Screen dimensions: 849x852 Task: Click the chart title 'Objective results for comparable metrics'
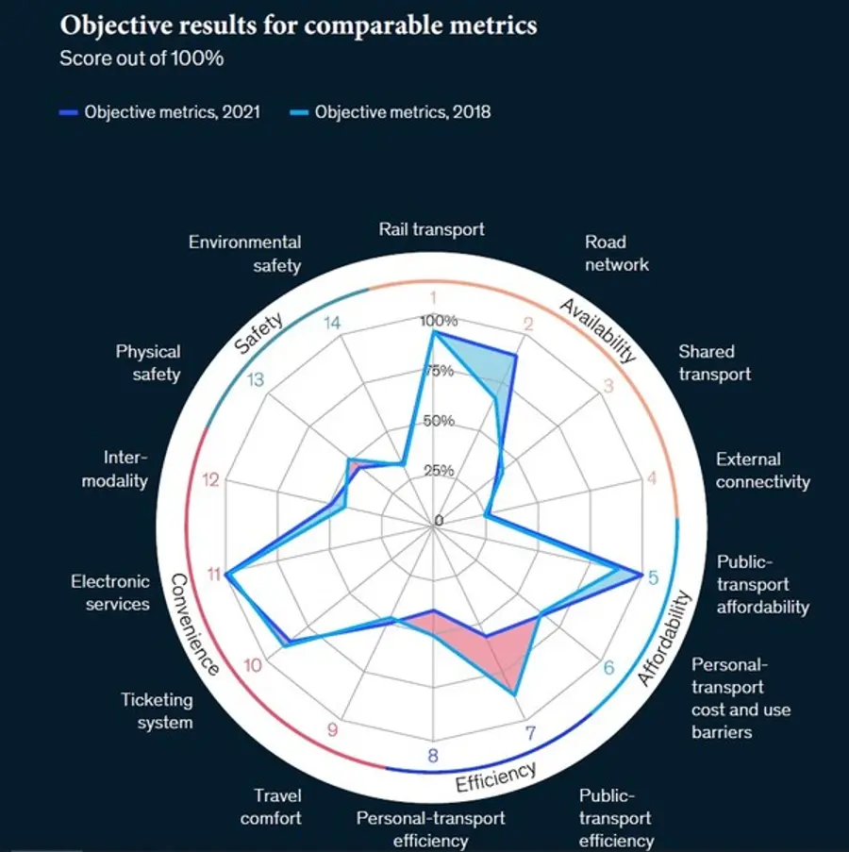[x=298, y=25]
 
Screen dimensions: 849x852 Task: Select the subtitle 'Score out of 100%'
[x=141, y=58]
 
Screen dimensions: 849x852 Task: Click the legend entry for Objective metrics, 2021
[x=159, y=112]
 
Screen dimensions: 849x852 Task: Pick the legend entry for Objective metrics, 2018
[x=391, y=112]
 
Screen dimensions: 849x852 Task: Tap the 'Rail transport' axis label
[x=431, y=229]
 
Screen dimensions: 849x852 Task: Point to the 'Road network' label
[x=617, y=253]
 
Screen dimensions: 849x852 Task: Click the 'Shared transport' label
[x=714, y=362]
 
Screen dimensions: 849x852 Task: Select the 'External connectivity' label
[x=762, y=471]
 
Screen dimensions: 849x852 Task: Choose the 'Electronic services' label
[x=110, y=593]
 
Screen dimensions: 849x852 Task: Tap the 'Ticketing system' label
[x=157, y=710]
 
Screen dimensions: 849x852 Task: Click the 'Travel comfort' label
[x=271, y=807]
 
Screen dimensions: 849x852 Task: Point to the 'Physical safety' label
[x=148, y=362]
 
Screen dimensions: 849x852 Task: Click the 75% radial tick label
[x=439, y=371]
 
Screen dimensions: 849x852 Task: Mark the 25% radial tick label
[x=439, y=471]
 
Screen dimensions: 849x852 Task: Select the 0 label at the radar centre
[x=439, y=521]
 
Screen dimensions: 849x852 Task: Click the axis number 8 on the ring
[x=432, y=756]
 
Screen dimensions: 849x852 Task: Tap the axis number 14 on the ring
[x=332, y=323]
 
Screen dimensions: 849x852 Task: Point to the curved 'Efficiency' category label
[x=495, y=777]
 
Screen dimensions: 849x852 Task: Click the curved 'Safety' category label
[x=259, y=333]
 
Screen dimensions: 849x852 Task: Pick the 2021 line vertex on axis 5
[x=641, y=576]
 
